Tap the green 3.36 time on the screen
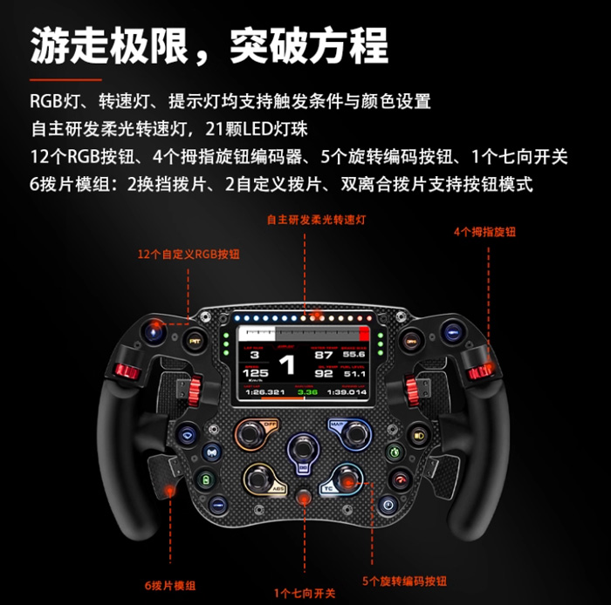(307, 392)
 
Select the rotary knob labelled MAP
(354, 432)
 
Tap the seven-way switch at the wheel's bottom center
(305, 499)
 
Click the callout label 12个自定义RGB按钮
(189, 255)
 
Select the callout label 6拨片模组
(168, 585)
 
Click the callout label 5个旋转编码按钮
(403, 580)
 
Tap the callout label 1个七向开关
(305, 593)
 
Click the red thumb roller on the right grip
(477, 372)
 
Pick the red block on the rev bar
(364, 335)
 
